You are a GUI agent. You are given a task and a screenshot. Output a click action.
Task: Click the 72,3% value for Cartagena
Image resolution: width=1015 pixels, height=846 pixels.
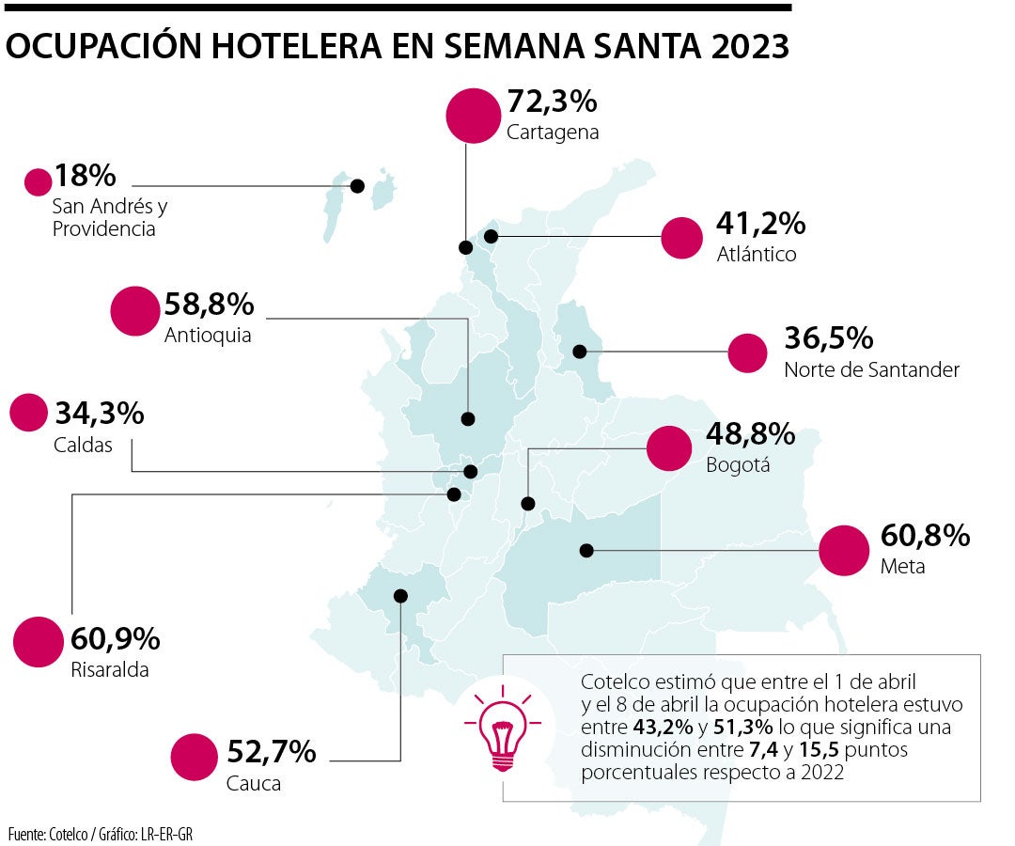click(x=552, y=101)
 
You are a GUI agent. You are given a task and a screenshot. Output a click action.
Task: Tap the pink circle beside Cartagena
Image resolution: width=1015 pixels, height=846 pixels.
click(x=472, y=115)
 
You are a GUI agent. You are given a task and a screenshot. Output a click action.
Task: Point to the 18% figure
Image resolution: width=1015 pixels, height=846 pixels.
click(x=85, y=176)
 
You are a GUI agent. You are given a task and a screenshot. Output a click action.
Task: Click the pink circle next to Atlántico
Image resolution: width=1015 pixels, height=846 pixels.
click(x=682, y=238)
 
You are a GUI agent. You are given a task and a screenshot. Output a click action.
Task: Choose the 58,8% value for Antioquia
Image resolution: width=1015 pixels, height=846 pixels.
click(x=209, y=305)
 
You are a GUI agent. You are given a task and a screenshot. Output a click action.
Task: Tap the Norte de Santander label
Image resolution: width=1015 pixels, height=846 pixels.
click(x=871, y=369)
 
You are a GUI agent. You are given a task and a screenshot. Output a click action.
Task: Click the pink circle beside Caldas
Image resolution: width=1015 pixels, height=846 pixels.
click(x=28, y=413)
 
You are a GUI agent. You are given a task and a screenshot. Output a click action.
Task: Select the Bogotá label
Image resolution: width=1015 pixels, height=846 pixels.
click(x=738, y=464)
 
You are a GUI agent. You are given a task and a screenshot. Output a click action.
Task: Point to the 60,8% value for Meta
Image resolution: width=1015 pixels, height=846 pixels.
click(x=924, y=537)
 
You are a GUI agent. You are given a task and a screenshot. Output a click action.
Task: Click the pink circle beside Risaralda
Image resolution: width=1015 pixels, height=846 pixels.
click(x=39, y=643)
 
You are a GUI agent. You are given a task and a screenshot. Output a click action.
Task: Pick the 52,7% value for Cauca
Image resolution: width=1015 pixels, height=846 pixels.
click(x=271, y=752)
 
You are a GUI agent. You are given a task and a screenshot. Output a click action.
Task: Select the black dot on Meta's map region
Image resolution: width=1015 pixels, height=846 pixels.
click(x=587, y=550)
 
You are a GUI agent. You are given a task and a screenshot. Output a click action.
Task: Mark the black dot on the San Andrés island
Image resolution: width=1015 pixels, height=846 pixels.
click(x=357, y=186)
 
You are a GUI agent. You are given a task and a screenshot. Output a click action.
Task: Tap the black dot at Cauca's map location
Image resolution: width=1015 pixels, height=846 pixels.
click(x=401, y=595)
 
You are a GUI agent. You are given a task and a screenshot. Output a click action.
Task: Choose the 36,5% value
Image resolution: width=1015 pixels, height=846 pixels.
click(x=829, y=338)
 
